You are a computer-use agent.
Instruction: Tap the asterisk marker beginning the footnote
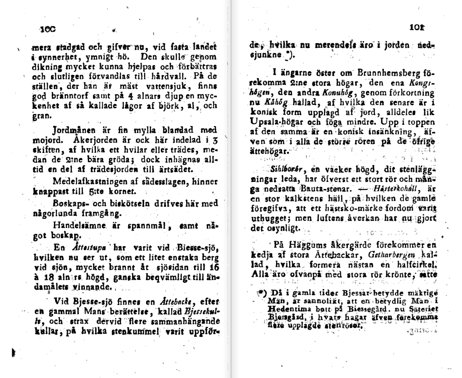[x=261, y=293]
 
